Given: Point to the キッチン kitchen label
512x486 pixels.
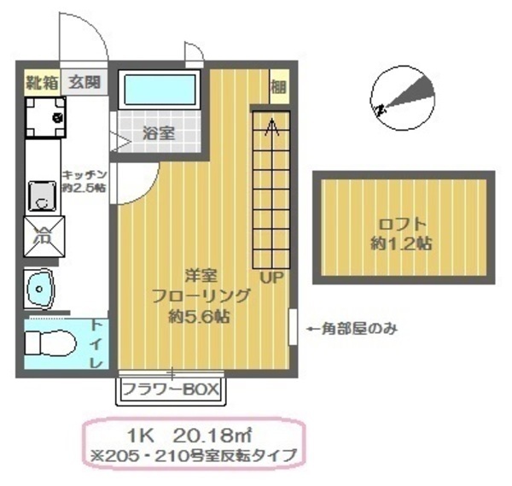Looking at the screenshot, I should (x=83, y=173).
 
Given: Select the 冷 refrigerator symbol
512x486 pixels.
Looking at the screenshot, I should (x=41, y=237).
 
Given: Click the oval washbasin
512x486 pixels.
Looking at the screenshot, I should (x=39, y=288).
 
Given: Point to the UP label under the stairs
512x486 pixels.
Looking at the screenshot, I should (x=271, y=278).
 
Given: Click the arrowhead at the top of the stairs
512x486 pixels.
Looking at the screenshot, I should (x=271, y=126).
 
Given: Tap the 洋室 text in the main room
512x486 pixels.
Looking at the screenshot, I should (x=201, y=276).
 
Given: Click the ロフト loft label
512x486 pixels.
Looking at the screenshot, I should (x=400, y=225).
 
